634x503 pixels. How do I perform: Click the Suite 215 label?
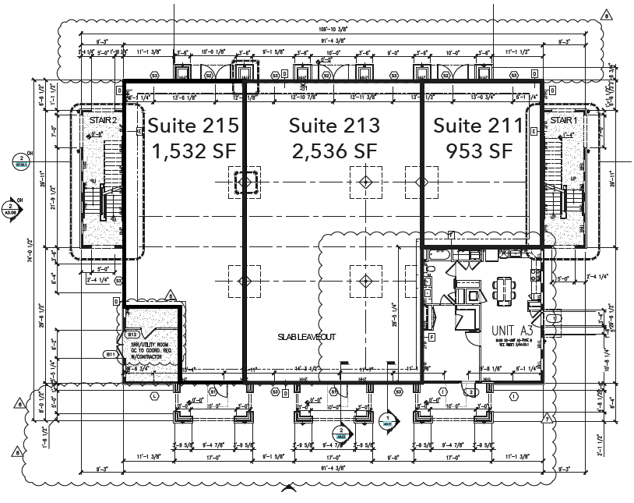click(x=193, y=125)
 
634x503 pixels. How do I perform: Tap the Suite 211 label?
click(x=474, y=125)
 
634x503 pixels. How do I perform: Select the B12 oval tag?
click(x=132, y=335)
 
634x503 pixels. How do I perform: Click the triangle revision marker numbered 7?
click(x=548, y=419)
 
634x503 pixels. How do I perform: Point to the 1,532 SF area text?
click(x=193, y=150)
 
